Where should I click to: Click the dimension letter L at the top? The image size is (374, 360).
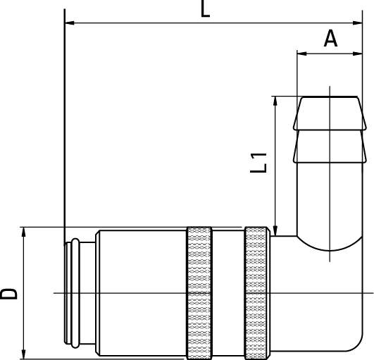[205, 9]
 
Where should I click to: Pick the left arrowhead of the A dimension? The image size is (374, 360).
[302, 53]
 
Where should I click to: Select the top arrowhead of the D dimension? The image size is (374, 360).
[25, 232]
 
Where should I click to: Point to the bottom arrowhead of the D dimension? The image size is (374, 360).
[25, 352]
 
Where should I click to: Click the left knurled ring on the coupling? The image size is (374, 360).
[199, 292]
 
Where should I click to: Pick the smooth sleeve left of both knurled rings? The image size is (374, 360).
[141, 292]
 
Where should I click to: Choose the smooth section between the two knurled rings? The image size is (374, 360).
[228, 292]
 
